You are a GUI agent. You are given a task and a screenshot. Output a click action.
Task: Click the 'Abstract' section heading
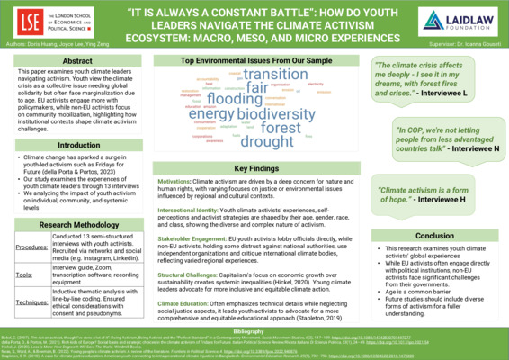coord(76,60)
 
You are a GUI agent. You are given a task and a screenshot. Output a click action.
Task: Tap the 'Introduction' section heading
coord(76,145)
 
